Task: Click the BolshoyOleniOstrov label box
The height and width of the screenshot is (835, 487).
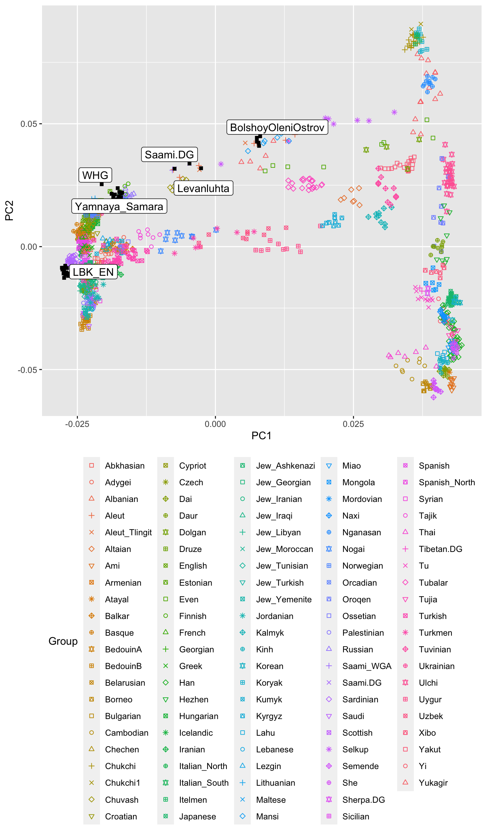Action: (x=277, y=128)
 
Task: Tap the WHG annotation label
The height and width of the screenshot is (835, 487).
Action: (x=95, y=175)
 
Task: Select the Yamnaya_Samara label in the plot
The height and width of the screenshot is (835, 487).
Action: (x=119, y=207)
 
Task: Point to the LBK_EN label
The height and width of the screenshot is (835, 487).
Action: (x=93, y=272)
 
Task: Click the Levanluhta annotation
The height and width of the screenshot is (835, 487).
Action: (x=203, y=188)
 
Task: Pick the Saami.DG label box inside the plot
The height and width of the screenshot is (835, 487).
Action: (x=169, y=155)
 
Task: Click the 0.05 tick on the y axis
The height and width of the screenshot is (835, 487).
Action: (x=29, y=124)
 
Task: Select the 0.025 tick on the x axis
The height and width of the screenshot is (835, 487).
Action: (x=353, y=424)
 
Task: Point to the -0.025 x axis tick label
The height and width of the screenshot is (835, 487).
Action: (x=77, y=424)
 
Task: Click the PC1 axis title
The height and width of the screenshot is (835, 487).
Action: (x=261, y=436)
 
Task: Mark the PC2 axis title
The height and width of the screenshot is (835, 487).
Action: (x=9, y=211)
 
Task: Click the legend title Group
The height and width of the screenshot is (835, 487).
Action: (x=63, y=641)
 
